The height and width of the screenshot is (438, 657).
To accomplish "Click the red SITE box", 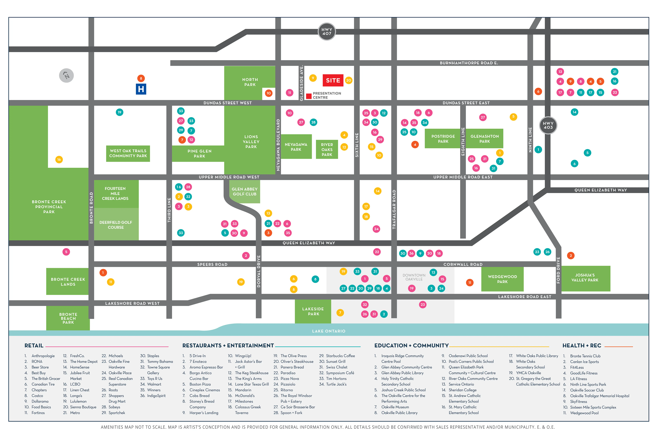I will [x=333, y=80].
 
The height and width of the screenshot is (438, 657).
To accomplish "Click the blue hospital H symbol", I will [x=141, y=89].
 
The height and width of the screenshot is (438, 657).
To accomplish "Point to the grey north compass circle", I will [x=66, y=75].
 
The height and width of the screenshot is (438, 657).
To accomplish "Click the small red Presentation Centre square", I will [x=309, y=96].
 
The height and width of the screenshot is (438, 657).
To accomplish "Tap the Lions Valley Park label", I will [x=251, y=142].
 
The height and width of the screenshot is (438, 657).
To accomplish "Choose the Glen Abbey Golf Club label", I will [x=245, y=192].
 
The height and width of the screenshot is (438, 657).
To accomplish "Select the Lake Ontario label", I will [x=329, y=331].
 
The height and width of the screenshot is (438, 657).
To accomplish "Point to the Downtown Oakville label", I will [x=414, y=277].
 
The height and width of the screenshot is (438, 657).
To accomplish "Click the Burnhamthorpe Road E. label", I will [x=469, y=63].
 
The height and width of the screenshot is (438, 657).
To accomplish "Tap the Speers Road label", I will [x=212, y=264].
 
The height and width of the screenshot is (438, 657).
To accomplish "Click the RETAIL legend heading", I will [x=34, y=346].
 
